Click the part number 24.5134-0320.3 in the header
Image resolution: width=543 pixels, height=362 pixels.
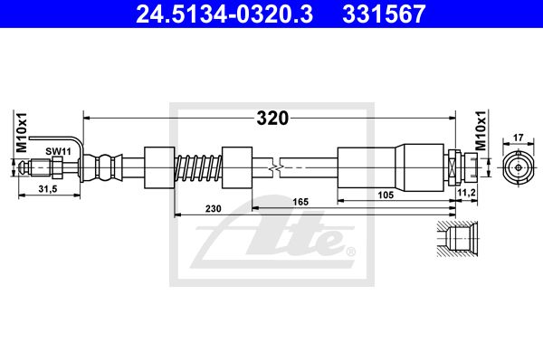point(224,14)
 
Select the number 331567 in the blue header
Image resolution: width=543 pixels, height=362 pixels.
point(384,14)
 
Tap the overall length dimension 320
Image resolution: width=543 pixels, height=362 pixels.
point(272,119)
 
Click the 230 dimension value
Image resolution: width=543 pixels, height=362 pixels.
point(213,208)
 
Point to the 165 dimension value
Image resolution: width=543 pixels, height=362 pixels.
point(300,202)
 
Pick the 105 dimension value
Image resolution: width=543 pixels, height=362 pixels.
point(386,195)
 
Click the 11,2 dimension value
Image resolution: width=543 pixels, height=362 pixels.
point(466,193)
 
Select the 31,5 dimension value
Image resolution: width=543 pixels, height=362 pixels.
point(48,189)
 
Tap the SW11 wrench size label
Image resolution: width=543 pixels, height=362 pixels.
point(58,151)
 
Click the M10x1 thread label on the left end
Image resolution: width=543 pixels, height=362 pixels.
point(22,132)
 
